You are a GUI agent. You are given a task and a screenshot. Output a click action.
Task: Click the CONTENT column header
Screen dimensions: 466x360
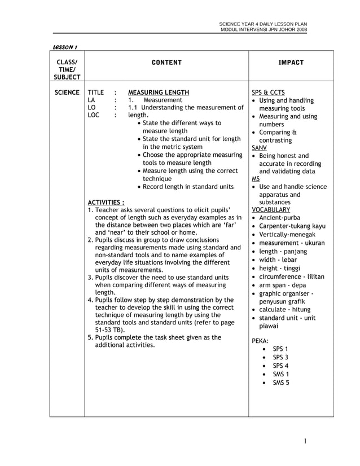[166, 63]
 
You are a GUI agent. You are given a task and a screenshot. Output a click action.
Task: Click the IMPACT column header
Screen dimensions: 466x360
[291, 63]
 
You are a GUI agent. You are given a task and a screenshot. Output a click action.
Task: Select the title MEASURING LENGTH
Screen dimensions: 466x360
[159, 92]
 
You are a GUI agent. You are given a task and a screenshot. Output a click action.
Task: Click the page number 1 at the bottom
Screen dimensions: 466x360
[304, 442]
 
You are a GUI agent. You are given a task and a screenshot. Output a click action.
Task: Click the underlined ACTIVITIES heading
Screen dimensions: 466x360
[106, 201]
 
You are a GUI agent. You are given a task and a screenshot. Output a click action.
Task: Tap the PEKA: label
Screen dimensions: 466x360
[260, 341]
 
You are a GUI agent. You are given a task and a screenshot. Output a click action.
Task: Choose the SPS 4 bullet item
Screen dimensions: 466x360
[280, 366]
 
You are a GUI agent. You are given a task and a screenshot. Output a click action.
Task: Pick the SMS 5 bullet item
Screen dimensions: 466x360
[281, 383]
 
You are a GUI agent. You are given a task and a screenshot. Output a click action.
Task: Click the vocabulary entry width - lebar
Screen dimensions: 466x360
[278, 260]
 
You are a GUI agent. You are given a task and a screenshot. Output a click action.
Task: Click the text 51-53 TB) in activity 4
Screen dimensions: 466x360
[109, 329]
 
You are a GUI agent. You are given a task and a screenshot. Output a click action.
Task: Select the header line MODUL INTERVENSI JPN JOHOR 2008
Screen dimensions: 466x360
[264, 29]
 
